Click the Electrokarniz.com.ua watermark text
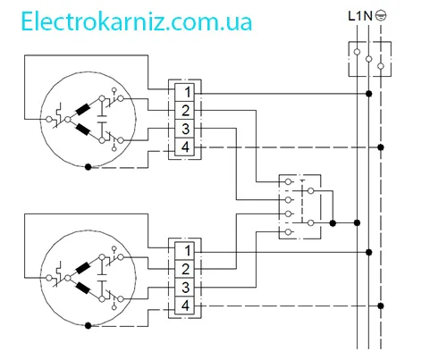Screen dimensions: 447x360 click(x=137, y=21)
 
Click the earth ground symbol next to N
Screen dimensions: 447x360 click(x=381, y=15)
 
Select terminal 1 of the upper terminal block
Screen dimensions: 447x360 click(x=184, y=92)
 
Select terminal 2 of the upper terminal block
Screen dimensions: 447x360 click(x=184, y=111)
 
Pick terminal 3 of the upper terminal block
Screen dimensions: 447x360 click(x=184, y=129)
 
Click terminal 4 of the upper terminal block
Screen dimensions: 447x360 click(x=184, y=147)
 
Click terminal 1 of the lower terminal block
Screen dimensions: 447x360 click(x=184, y=251)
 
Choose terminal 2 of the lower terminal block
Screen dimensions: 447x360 click(x=184, y=269)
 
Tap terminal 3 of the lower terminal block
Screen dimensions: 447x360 click(x=184, y=287)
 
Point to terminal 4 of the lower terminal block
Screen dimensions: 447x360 click(x=184, y=306)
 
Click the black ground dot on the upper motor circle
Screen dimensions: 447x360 click(x=88, y=167)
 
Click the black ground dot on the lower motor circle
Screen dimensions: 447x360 click(x=88, y=326)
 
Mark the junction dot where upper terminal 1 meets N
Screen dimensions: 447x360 click(x=369, y=94)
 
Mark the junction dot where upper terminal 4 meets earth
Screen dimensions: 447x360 click(x=381, y=147)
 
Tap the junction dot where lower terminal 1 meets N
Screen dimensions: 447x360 click(x=369, y=252)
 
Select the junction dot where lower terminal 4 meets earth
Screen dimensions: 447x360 click(x=381, y=306)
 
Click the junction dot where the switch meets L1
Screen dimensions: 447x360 click(x=357, y=222)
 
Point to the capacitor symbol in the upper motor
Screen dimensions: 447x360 click(x=102, y=119)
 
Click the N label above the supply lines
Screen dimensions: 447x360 click(x=368, y=16)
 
